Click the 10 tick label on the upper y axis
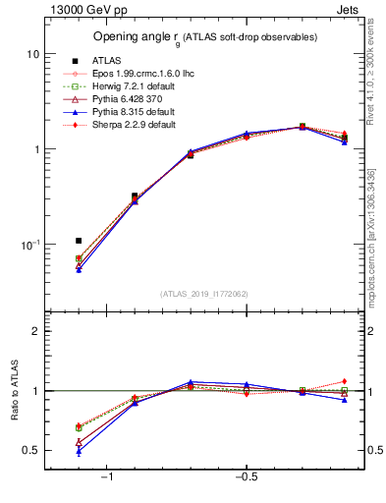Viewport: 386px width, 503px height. point(31,54)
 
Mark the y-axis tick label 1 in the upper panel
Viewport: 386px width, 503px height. point(34,149)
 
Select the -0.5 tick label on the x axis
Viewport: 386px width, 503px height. point(246,477)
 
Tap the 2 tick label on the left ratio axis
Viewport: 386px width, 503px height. point(34,332)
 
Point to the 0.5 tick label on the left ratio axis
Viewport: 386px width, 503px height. point(30,451)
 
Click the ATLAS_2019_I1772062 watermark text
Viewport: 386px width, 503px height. point(204,293)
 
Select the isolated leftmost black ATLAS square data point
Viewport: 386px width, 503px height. point(79,241)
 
